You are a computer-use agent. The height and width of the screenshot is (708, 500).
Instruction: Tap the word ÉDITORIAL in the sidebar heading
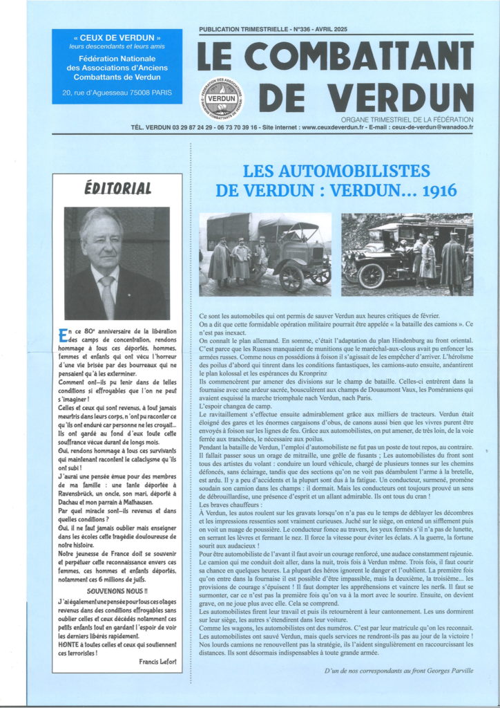click(117, 188)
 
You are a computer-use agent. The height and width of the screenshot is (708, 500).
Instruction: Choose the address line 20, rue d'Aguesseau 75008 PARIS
click(117, 92)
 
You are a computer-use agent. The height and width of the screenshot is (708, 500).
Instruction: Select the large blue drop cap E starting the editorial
click(64, 335)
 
